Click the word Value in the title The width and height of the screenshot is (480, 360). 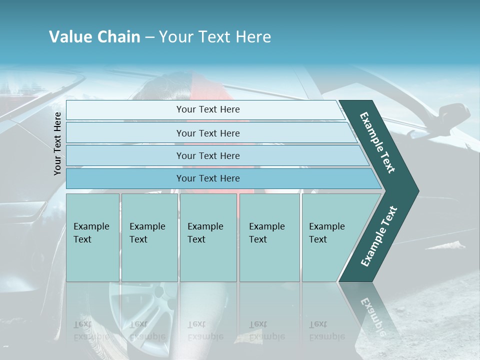click(69, 37)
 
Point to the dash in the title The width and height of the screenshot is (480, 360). click(149, 37)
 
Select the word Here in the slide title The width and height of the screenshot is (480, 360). click(253, 37)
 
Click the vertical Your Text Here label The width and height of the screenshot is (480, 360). click(57, 143)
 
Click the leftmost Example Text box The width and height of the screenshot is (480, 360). click(92, 237)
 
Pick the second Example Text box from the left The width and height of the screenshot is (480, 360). click(149, 237)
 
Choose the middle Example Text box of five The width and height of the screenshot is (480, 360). click(208, 237)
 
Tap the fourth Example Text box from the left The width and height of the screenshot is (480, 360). click(269, 237)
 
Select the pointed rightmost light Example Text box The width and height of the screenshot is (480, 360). click(330, 237)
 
